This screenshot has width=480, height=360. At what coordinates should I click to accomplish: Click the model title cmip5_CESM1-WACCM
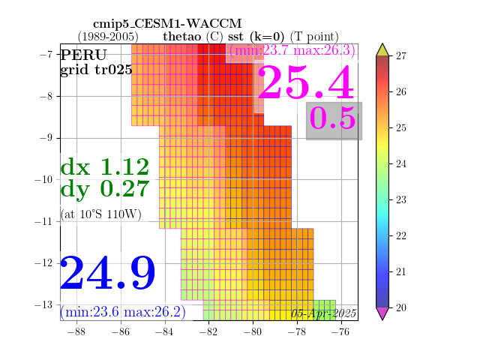pos(167,24)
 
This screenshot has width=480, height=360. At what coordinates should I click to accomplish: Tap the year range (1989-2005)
pos(108,37)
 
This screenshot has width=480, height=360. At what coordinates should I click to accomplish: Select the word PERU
pos(83,55)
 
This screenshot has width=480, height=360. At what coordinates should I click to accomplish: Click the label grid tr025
pos(96,70)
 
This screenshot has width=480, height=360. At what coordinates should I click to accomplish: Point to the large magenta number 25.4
pos(306,82)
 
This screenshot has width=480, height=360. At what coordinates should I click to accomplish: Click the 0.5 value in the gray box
pos(333,118)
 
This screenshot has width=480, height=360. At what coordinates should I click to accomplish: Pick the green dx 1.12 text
pos(105,166)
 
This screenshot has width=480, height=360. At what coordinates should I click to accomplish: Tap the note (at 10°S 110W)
pos(101,214)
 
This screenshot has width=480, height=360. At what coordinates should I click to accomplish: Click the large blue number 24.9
pos(108,273)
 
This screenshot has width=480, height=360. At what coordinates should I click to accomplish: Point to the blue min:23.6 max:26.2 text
pos(123,312)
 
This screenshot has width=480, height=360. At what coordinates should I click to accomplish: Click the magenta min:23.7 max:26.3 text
pos(292,50)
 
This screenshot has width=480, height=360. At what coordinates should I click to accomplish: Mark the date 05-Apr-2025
pos(323,313)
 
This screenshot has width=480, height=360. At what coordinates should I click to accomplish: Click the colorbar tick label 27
pos(401,55)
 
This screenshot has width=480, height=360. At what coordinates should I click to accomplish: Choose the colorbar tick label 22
pos(401,235)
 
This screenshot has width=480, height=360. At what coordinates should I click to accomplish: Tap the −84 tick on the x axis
pos(165,331)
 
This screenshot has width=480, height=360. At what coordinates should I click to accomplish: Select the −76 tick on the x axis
pos(341,331)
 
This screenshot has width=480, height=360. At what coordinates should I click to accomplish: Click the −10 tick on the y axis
pos(43,179)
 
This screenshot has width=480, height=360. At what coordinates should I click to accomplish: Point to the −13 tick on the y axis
pos(43,305)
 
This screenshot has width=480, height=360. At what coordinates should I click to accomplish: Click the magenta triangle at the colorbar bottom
pos(382,313)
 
